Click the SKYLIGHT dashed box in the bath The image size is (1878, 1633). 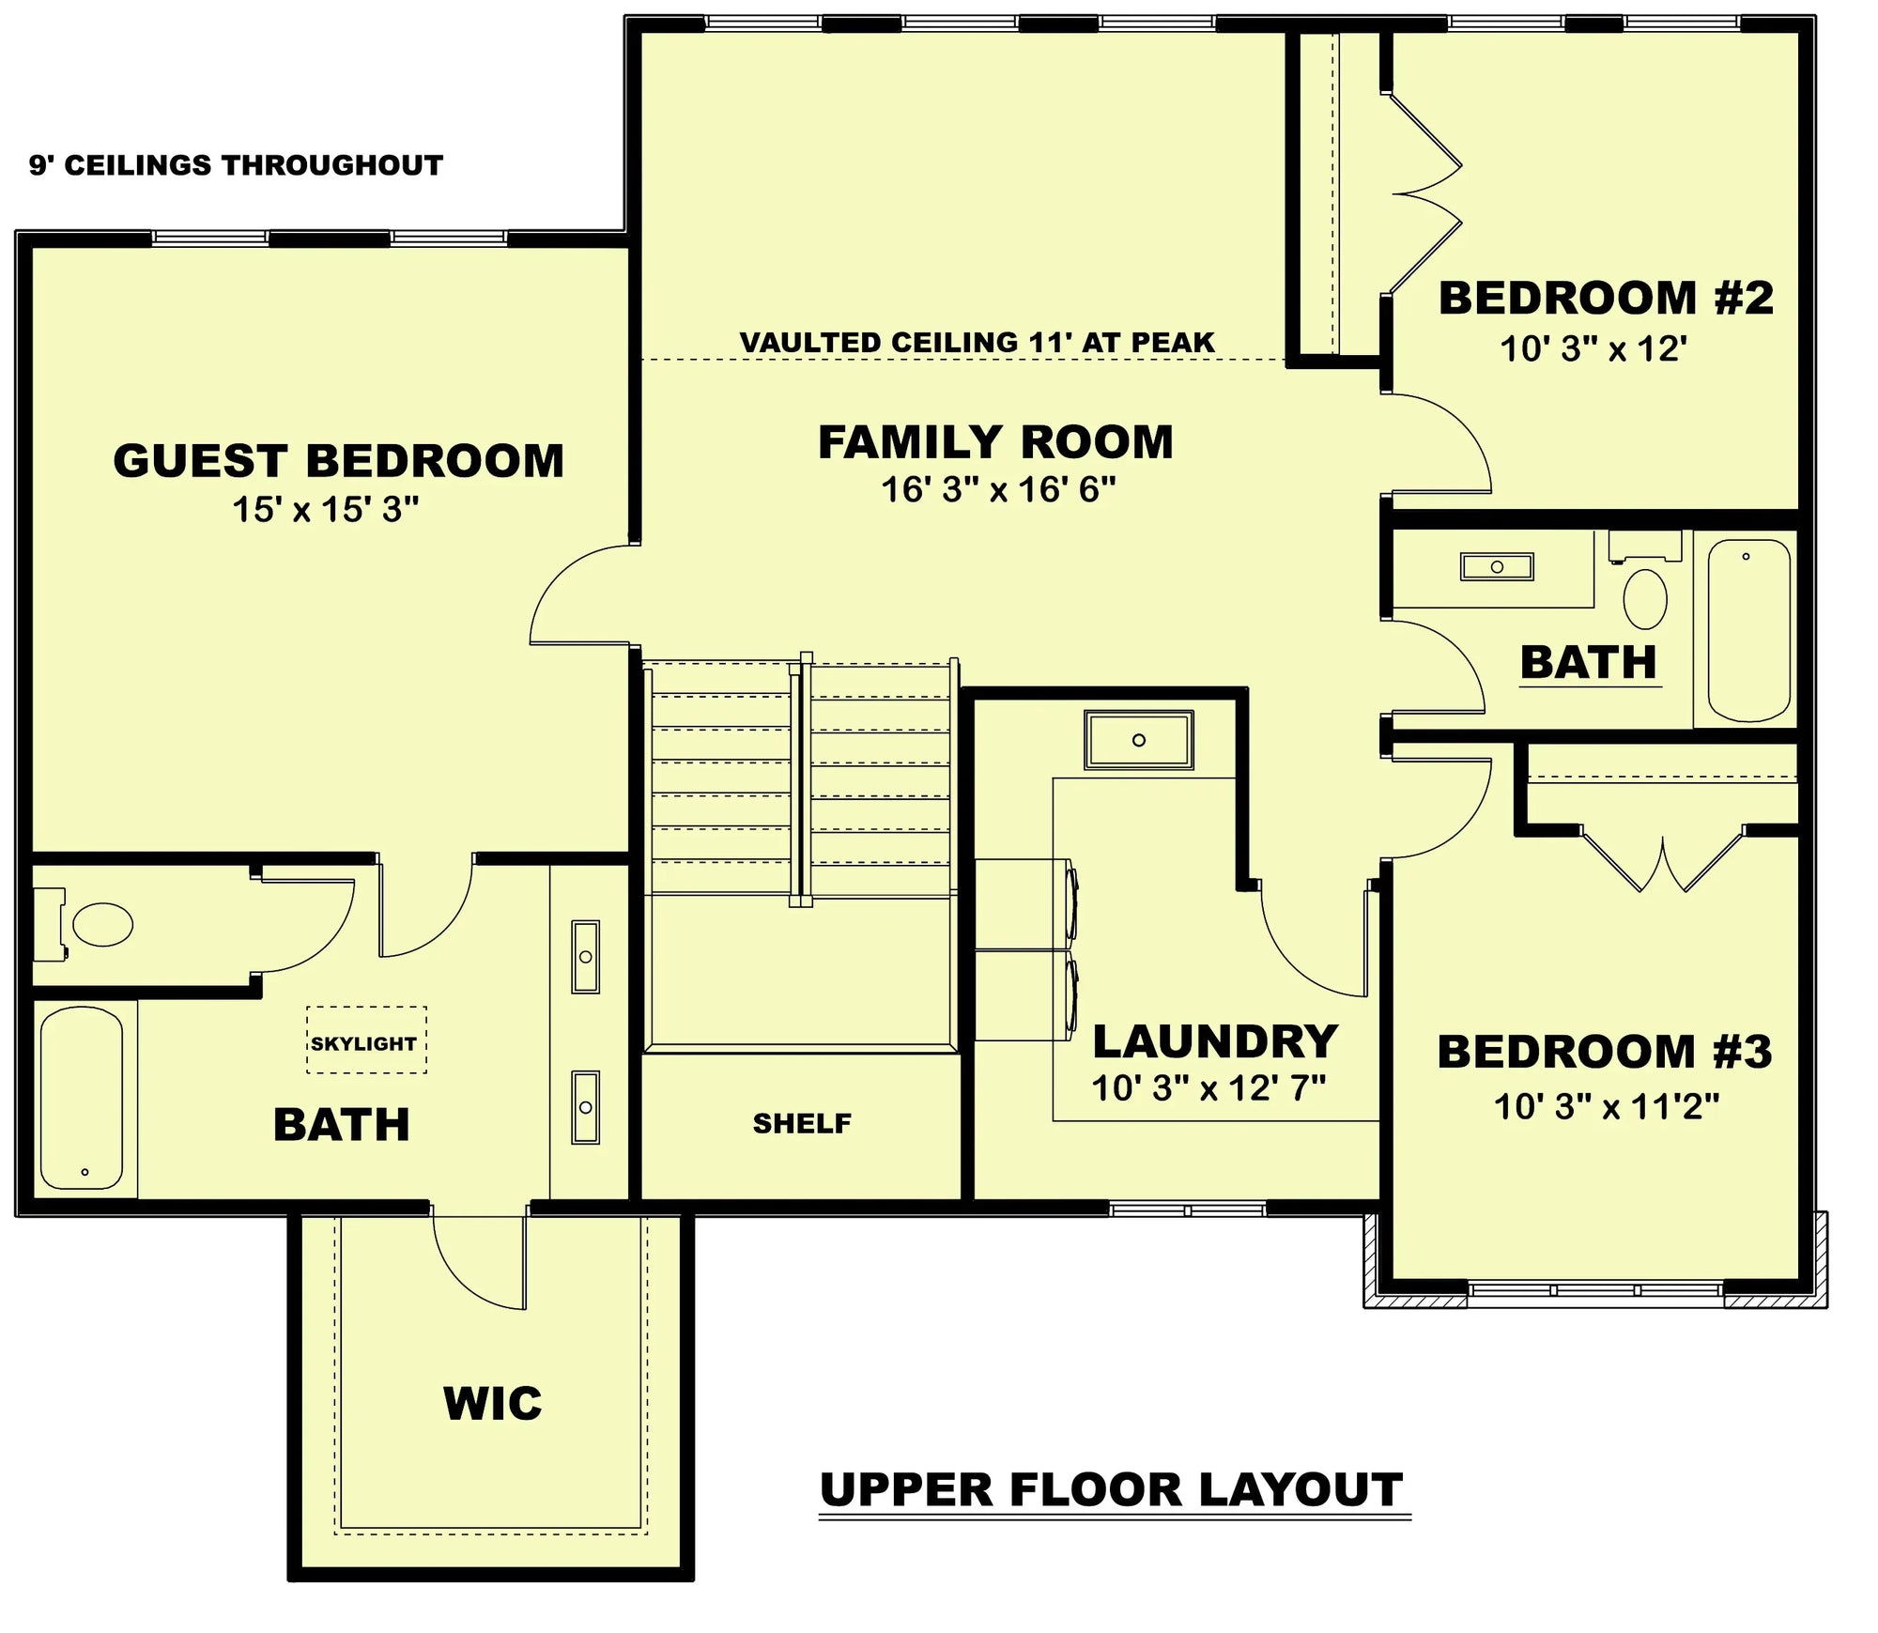tap(366, 1040)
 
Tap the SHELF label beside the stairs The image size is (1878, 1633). tap(801, 1123)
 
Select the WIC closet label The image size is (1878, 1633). tap(492, 1404)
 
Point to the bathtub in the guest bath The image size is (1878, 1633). tap(82, 1098)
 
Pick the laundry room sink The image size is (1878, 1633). tap(1138, 740)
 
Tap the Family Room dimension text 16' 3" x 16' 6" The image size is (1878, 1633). tap(997, 489)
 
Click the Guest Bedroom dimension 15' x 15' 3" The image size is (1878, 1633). tap(325, 509)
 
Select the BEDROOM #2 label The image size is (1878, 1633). tap(1606, 298)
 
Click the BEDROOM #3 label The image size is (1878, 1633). tap(1604, 1051)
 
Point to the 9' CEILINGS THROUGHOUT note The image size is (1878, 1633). tap(236, 165)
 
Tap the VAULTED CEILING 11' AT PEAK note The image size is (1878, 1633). tap(977, 342)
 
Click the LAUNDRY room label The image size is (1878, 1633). tap(1215, 1041)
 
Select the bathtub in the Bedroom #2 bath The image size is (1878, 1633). tap(1748, 629)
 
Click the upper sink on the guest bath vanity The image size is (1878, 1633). tap(585, 956)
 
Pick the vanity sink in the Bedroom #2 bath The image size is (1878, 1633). tap(1497, 566)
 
